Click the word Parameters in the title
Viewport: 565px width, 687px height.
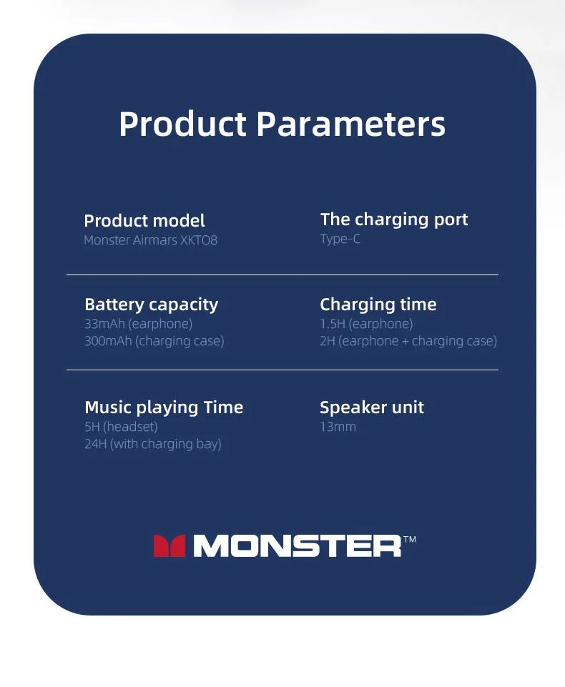click(350, 124)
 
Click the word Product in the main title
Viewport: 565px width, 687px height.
click(182, 124)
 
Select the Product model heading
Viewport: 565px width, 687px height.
click(144, 221)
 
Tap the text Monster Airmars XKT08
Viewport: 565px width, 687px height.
click(150, 240)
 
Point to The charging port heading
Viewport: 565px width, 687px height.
click(394, 220)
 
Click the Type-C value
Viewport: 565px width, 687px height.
click(340, 239)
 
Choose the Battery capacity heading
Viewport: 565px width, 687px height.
click(151, 305)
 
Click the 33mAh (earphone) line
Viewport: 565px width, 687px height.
click(139, 324)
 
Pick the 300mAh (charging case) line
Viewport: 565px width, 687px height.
click(154, 341)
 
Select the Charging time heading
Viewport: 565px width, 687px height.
click(378, 305)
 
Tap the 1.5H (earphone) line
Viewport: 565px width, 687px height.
click(366, 324)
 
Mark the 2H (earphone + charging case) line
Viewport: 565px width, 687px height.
click(408, 341)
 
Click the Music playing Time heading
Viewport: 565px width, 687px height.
click(164, 408)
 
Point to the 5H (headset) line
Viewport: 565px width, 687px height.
click(121, 427)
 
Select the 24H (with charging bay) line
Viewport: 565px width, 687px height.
click(153, 444)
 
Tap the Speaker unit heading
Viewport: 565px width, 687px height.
click(372, 408)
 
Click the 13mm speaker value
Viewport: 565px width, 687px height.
click(338, 427)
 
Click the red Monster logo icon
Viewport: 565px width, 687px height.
click(169, 546)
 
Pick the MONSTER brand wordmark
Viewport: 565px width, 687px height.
click(298, 546)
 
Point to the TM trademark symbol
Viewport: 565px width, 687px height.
click(410, 539)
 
